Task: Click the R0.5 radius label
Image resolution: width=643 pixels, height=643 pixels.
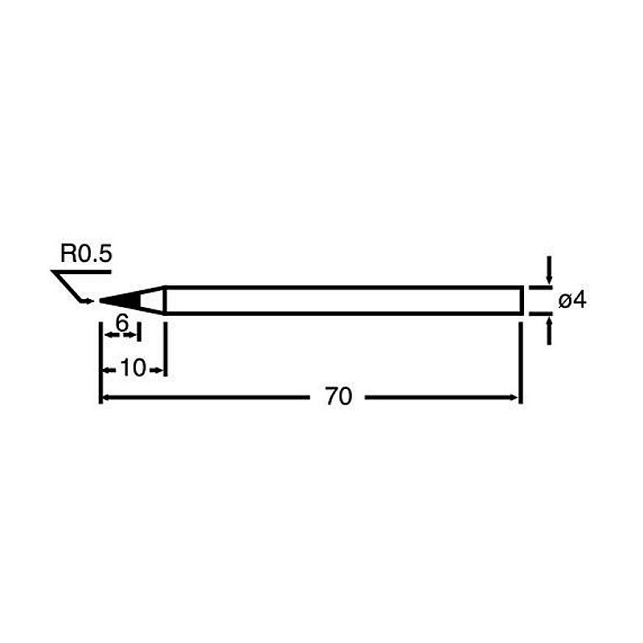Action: coord(87,256)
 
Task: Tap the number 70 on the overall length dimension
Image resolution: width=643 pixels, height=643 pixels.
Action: coord(339,397)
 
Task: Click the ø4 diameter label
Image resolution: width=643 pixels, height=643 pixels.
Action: coord(573,301)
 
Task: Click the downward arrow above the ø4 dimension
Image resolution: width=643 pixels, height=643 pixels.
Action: coord(549,276)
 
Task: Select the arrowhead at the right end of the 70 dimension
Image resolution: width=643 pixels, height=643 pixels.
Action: coord(516,397)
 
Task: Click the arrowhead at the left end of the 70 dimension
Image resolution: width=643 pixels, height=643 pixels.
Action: coord(104,397)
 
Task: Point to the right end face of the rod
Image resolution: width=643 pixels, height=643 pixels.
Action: coord(522,300)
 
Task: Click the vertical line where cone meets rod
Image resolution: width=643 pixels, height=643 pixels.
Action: coord(165,300)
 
